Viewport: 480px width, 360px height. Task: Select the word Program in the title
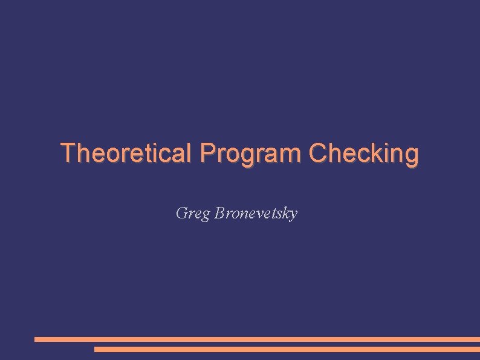coord(251,154)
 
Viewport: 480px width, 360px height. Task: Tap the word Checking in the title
coord(363,154)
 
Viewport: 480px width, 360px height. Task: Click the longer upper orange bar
coord(257,339)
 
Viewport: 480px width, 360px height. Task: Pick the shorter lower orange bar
coord(287,349)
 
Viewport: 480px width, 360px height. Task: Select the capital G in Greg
coord(181,213)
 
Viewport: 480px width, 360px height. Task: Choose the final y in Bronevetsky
coord(293,215)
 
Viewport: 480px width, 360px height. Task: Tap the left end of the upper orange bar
coord(36,339)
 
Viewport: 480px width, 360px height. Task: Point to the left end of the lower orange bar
coord(96,349)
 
